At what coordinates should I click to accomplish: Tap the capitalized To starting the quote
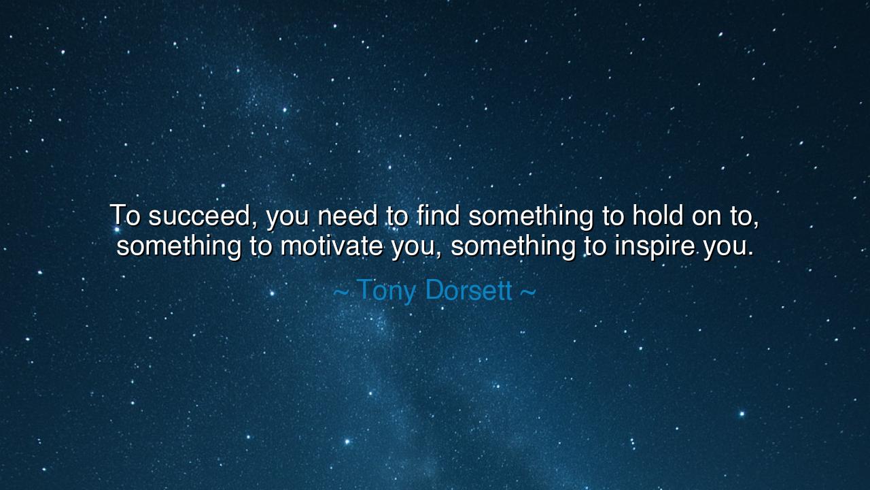click(x=125, y=215)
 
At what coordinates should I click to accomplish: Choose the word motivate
click(x=331, y=246)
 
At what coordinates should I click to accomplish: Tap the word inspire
click(x=655, y=247)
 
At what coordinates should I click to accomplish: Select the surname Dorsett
click(x=469, y=290)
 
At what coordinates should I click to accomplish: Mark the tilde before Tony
click(x=341, y=291)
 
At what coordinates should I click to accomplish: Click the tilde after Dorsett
click(x=528, y=291)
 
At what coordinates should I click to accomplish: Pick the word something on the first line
click(x=531, y=216)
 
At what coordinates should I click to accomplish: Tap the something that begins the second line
click(x=179, y=247)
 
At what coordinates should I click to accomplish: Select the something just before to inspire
click(x=513, y=247)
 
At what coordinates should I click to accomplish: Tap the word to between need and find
click(x=397, y=216)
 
